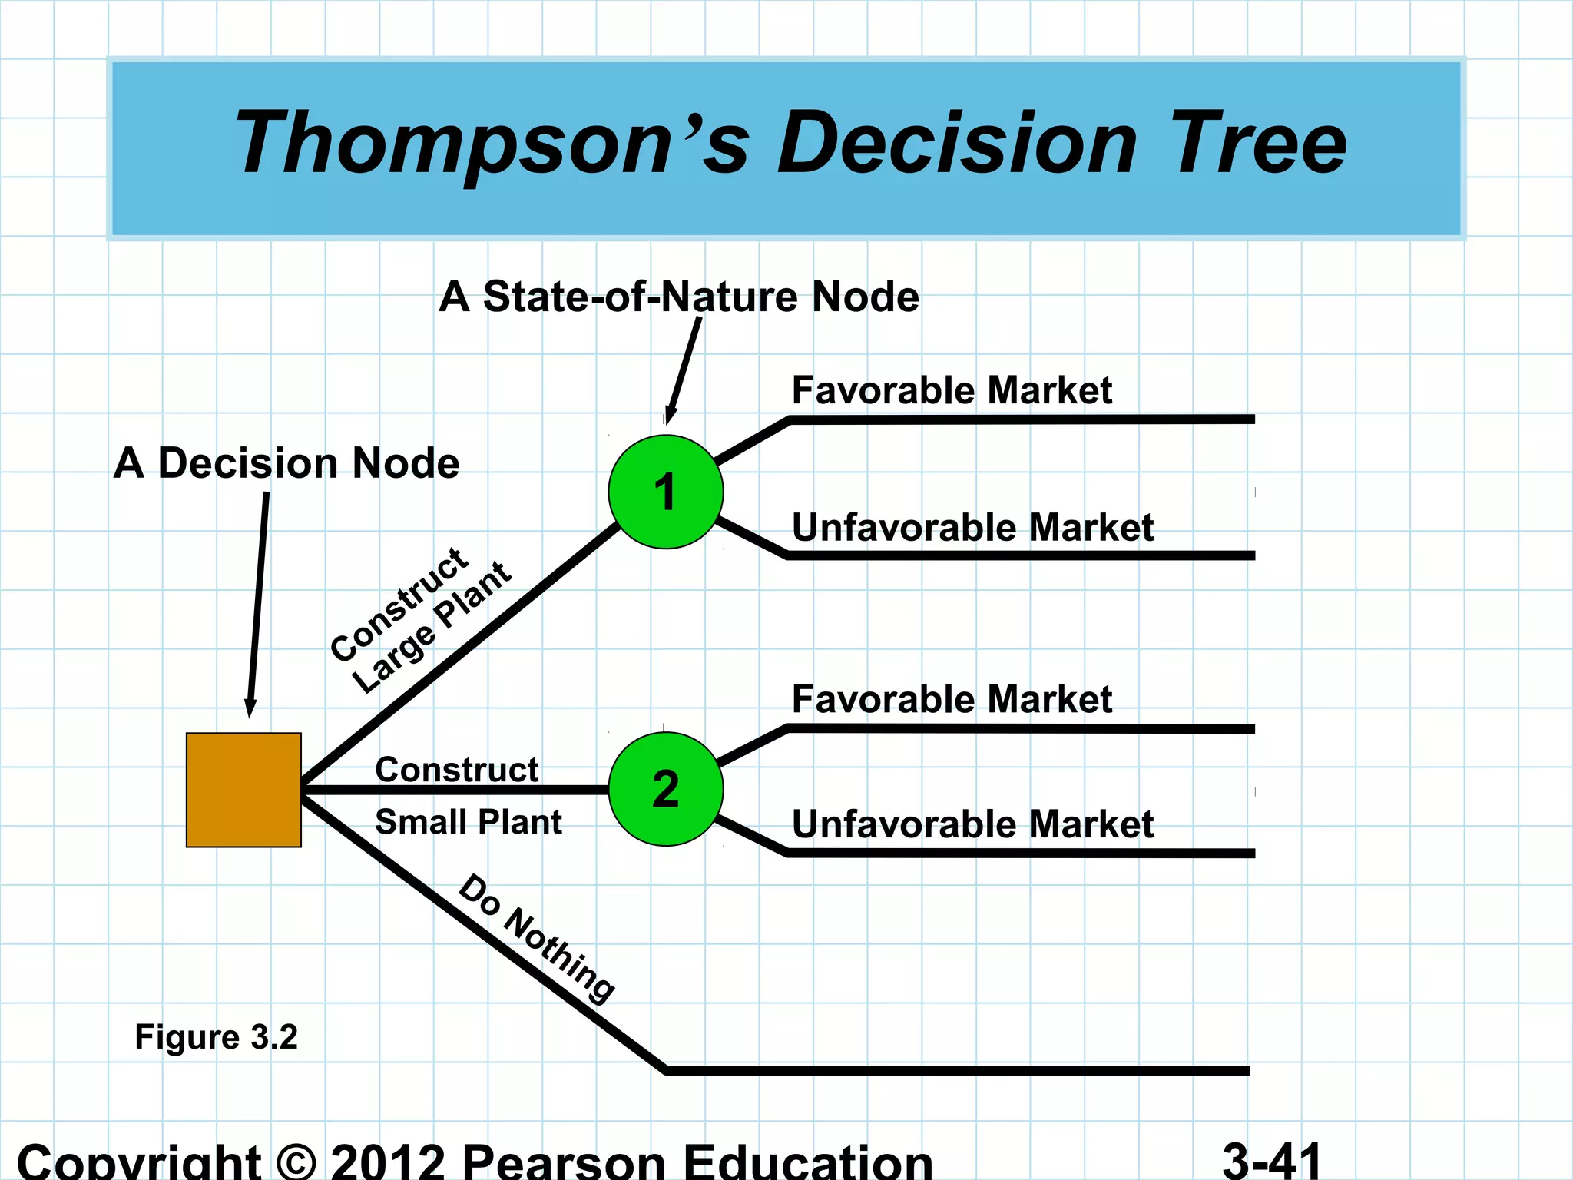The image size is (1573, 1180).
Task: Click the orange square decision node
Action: point(243,790)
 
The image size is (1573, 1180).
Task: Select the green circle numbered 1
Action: point(665,492)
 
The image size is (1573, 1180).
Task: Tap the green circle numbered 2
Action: point(665,789)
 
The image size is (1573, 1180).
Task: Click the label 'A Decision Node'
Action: point(286,463)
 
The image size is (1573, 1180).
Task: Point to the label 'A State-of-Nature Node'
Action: point(679,297)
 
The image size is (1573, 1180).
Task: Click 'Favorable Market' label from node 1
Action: point(952,390)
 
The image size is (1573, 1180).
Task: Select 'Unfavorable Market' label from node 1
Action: point(972,528)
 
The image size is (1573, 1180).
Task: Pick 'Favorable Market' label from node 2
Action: point(952,699)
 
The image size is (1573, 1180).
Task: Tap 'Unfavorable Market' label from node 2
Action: point(972,824)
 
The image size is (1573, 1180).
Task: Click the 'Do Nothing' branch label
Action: point(536,939)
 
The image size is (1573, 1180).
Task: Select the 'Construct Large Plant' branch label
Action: point(421,619)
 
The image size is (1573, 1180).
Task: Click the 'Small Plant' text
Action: point(468,822)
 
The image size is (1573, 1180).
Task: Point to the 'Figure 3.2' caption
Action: point(216,1037)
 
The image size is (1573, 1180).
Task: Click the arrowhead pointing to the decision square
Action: point(250,708)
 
